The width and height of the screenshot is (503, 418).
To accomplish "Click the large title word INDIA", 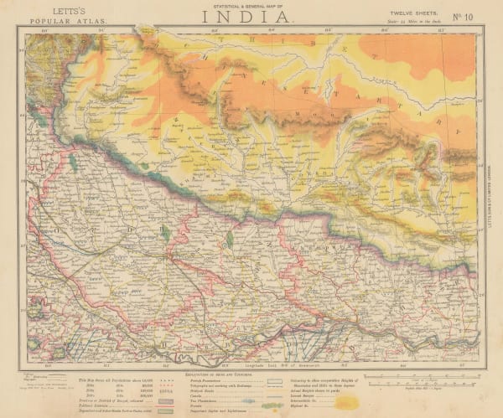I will tap(251, 16).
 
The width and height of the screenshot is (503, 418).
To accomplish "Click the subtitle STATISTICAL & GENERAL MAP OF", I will tap(251, 4).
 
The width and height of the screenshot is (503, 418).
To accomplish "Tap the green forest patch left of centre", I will tap(165, 233).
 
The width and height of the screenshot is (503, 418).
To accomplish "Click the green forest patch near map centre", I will tap(229, 239).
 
